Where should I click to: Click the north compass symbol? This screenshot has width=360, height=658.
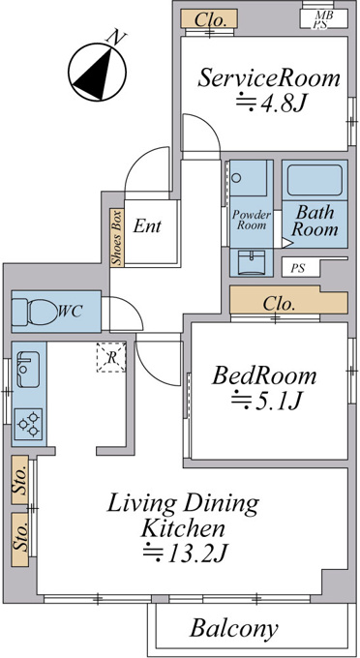pyautogui.click(x=98, y=71)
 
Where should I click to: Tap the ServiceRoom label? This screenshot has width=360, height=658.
pyautogui.click(x=268, y=78)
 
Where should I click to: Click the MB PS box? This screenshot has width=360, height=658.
pyautogui.click(x=323, y=19)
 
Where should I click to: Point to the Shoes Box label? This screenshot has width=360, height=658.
pyautogui.click(x=117, y=238)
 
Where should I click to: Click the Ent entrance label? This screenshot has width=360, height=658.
pyautogui.click(x=147, y=226)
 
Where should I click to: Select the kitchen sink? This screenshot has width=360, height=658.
pyautogui.click(x=28, y=369)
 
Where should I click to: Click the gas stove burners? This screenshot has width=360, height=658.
pyautogui.click(x=28, y=424)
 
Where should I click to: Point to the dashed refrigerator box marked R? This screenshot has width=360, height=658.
pyautogui.click(x=111, y=357)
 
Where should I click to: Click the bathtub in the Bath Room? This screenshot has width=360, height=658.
pyautogui.click(x=315, y=180)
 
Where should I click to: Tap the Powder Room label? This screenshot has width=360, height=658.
pyautogui.click(x=252, y=220)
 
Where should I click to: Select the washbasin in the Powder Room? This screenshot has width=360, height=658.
pyautogui.click(x=251, y=262)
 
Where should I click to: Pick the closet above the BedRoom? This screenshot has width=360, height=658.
pyautogui.click(x=288, y=300)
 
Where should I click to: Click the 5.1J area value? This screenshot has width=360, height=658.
pyautogui.click(x=266, y=402)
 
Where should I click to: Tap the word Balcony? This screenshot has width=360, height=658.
pyautogui.click(x=234, y=629)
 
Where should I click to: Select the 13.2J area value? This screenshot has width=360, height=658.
pyautogui.click(x=185, y=553)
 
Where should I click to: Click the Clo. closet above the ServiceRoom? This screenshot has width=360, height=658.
pyautogui.click(x=210, y=19)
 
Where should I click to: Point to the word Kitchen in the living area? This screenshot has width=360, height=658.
pyautogui.click(x=183, y=528)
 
